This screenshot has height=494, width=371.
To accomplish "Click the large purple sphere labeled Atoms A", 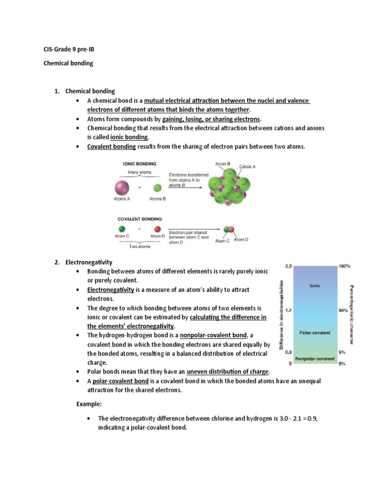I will point(122,187).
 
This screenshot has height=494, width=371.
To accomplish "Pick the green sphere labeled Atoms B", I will point(157,188).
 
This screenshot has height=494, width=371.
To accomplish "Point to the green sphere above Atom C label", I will point(122,230).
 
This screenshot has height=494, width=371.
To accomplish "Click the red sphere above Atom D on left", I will point(157,230).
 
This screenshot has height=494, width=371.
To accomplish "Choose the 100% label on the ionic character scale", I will point(345,266).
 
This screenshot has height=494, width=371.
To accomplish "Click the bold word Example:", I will point(90,403).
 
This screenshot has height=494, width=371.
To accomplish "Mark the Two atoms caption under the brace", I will point(140,247).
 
